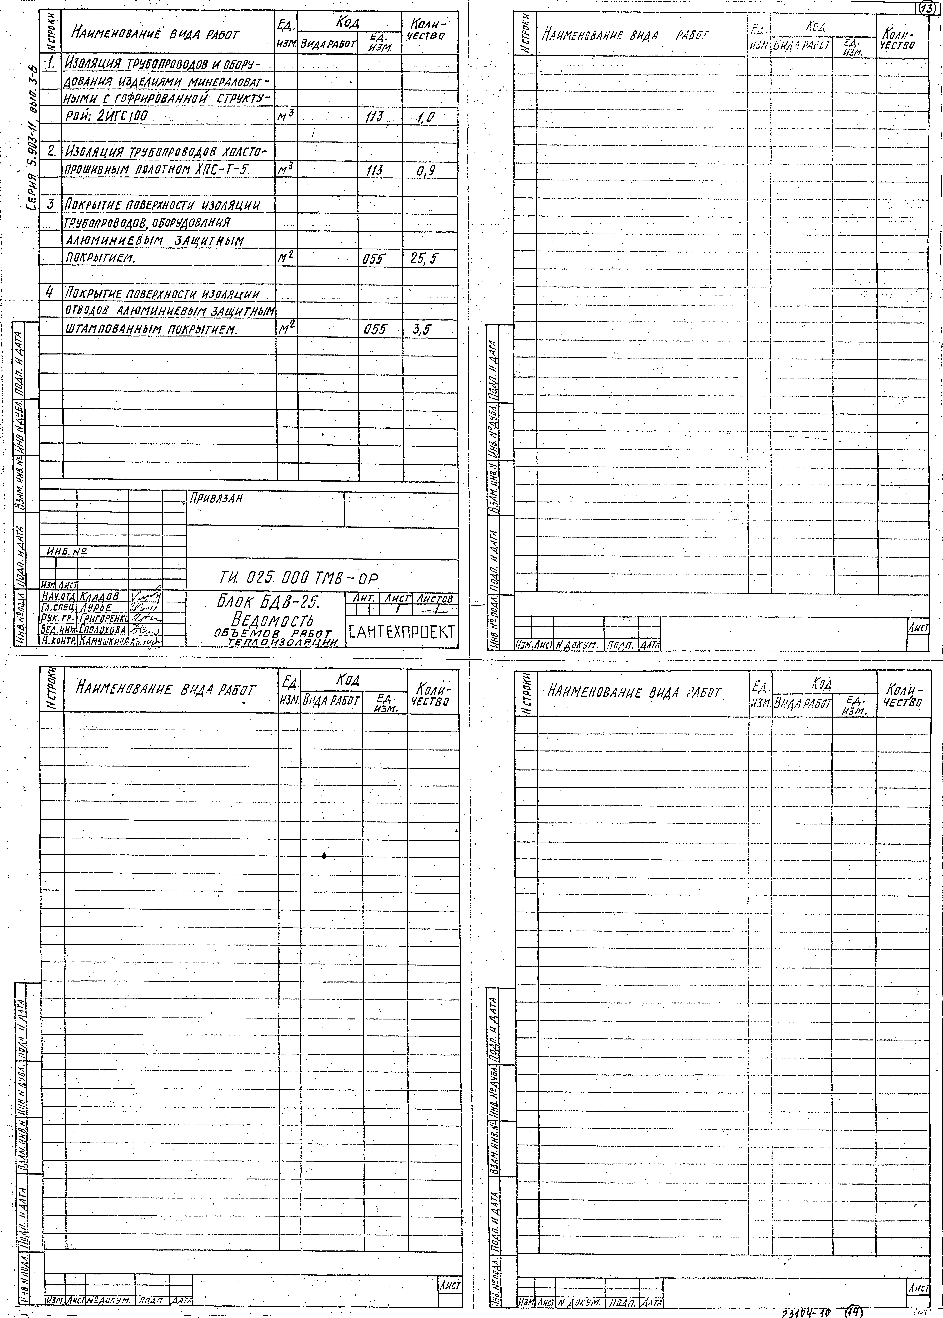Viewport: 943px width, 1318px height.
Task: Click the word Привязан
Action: click(215, 498)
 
